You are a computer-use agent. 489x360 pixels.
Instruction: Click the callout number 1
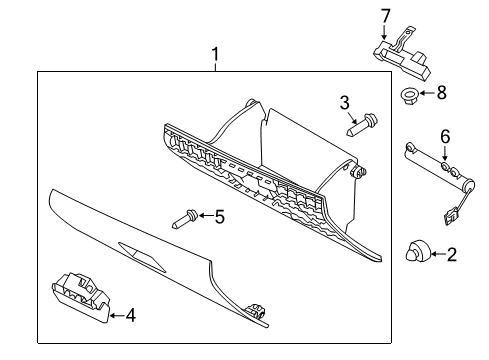(x=216, y=54)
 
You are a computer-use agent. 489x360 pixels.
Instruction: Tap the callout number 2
(x=452, y=254)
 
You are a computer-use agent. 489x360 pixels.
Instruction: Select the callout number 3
(x=345, y=103)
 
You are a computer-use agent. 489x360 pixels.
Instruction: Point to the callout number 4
(x=131, y=315)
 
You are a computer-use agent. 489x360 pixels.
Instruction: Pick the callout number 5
(x=220, y=217)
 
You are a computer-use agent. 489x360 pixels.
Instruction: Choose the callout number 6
(x=445, y=137)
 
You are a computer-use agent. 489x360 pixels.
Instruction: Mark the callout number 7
(x=385, y=16)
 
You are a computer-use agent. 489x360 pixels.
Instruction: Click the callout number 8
(x=442, y=92)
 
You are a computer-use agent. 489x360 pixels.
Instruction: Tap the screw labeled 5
(x=185, y=218)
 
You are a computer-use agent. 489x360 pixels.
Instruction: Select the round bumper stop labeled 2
(x=417, y=252)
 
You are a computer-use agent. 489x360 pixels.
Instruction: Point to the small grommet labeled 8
(x=409, y=95)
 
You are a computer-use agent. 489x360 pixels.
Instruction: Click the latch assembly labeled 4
(x=80, y=297)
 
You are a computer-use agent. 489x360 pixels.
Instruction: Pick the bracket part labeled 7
(x=400, y=54)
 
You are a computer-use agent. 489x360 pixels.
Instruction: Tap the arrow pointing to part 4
(x=116, y=315)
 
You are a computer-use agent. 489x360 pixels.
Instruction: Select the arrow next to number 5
(x=206, y=216)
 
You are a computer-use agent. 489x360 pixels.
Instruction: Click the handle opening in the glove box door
(x=142, y=258)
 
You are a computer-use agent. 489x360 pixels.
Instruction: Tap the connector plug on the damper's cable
(x=450, y=216)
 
